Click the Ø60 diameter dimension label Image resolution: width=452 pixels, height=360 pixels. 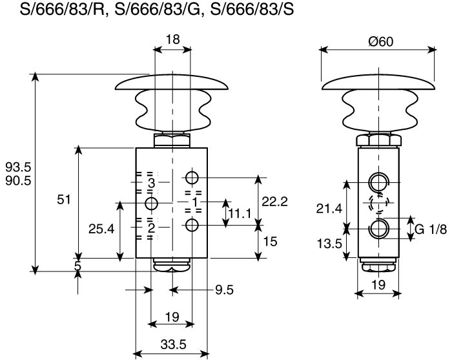coord(380,42)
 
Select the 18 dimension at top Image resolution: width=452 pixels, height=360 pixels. coord(172,39)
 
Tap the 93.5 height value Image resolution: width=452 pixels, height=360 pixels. coord(19,167)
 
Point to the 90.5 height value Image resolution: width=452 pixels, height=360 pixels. coord(19,180)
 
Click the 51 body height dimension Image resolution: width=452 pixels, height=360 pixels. coord(64,199)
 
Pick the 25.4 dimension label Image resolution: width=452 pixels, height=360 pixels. coord(101,229)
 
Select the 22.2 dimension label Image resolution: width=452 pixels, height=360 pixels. coord(274,202)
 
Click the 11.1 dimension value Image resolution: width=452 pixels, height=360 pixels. coord(240,214)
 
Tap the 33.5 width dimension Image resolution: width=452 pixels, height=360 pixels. coord(173,344)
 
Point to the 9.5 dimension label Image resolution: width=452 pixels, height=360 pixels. coord(224,290)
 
